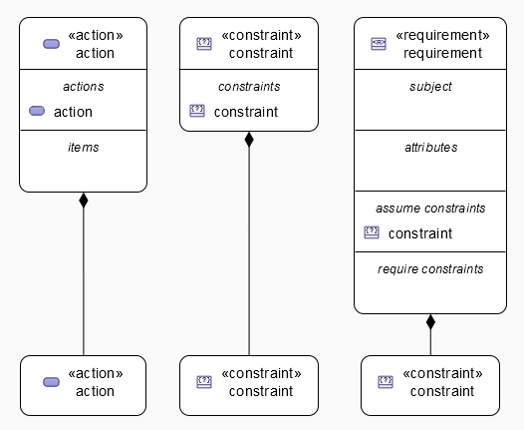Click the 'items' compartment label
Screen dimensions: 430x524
click(x=83, y=148)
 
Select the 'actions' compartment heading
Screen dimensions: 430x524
click(x=83, y=87)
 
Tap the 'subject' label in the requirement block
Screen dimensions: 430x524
click(x=430, y=87)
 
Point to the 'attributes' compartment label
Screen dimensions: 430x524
click(x=430, y=148)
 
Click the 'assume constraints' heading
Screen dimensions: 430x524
click(x=430, y=209)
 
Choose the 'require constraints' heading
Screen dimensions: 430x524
click(x=430, y=269)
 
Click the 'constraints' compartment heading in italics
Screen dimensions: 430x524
click(x=249, y=87)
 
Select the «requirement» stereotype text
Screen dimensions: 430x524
click(x=442, y=36)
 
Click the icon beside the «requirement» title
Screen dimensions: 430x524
click(x=379, y=44)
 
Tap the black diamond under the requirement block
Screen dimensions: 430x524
click(x=430, y=322)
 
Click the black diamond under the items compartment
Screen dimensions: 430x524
click(x=83, y=201)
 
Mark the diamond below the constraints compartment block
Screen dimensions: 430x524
click(x=249, y=140)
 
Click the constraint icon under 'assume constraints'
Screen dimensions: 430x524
click(x=372, y=233)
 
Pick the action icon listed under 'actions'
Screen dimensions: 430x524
click(x=37, y=111)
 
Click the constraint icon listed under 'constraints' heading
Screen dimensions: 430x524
click(x=197, y=112)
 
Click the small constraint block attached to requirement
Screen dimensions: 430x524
click(x=430, y=385)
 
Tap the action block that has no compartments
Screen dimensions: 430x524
click(x=83, y=385)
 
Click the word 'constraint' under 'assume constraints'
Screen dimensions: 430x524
click(x=419, y=233)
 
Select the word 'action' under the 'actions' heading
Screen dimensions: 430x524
click(x=73, y=112)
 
